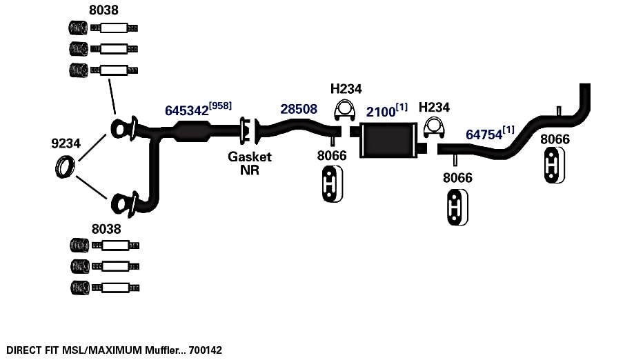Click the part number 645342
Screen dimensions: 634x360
pos(186,110)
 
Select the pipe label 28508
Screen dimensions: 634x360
pos(299,109)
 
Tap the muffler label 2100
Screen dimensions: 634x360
pos(381,112)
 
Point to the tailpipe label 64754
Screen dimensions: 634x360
pos(484,134)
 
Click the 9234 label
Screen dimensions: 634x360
pos(66,143)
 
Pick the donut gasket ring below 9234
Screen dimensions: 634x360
pos(65,167)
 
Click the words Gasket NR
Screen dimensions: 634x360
pos(250,163)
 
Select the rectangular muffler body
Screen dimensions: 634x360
pos(388,140)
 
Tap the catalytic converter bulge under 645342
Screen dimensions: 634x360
pos(192,132)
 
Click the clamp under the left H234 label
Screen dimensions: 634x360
pos(344,110)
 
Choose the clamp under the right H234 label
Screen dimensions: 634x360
pos(434,128)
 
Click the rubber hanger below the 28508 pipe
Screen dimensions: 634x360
pos(333,184)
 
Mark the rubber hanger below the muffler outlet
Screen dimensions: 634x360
pos(457,207)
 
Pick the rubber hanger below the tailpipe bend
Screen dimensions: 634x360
pos(555,166)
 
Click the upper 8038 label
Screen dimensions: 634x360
pos(103,10)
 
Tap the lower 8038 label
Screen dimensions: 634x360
pos(106,229)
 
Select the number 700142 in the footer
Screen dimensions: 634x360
pos(206,350)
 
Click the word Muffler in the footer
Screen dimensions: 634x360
pos(161,350)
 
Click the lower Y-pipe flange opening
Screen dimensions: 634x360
pos(120,203)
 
